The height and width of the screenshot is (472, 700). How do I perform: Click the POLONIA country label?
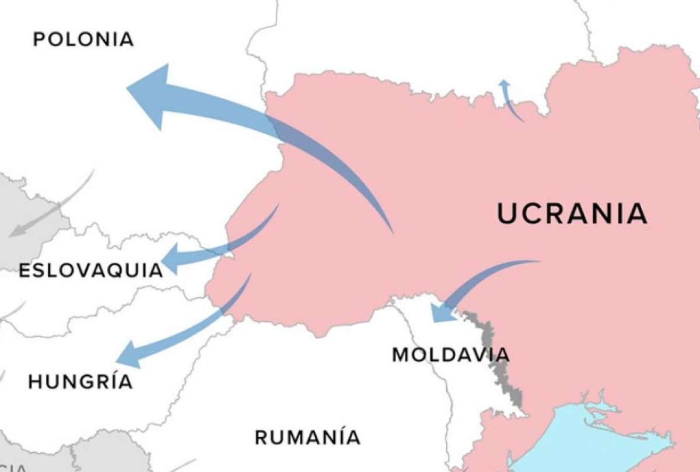(83, 40)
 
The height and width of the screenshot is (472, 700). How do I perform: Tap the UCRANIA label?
(572, 214)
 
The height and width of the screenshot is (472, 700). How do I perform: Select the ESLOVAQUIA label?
(90, 270)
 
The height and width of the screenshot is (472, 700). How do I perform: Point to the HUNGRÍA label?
(80, 382)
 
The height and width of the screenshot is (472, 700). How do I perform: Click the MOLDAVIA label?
(450, 354)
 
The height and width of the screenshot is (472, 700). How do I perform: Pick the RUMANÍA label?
(307, 437)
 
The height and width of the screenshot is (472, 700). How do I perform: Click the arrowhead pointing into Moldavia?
(441, 312)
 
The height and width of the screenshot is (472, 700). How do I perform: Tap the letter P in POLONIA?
(39, 40)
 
